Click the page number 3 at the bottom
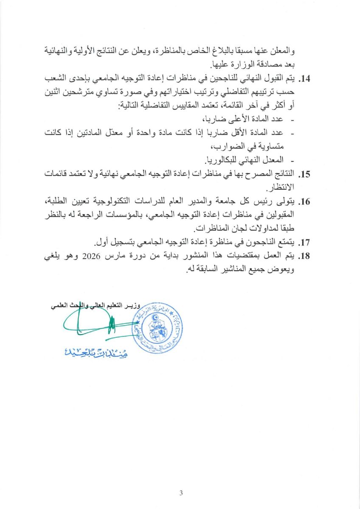pos(181,492)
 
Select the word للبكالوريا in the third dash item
pos(225,160)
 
